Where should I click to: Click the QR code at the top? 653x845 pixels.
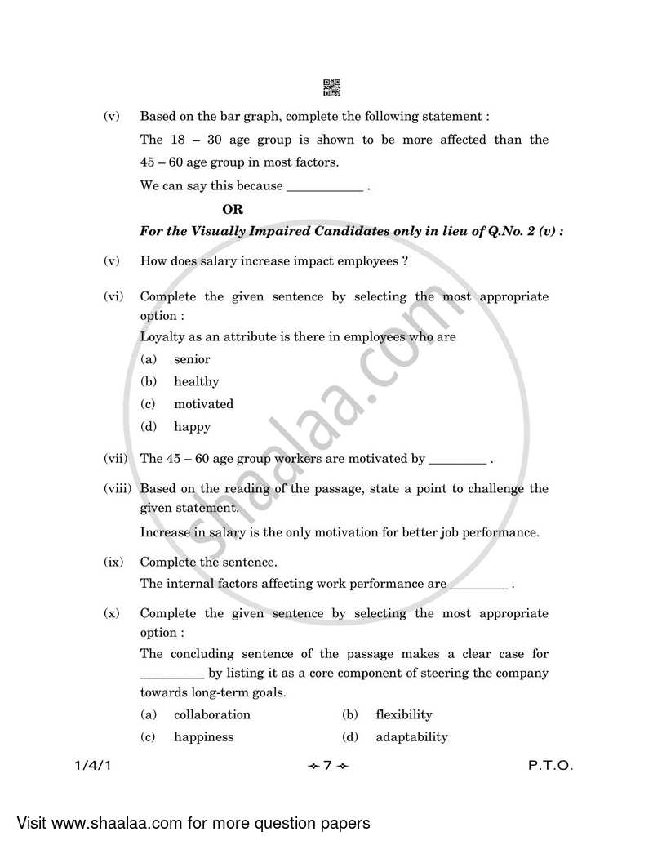pos(331,87)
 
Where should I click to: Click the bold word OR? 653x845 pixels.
pos(233,210)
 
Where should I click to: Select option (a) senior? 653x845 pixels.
pos(192,359)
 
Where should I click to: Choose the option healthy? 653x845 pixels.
pos(196,381)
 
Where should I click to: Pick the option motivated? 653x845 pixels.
pos(203,404)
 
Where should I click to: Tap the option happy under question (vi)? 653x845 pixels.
pos(192,426)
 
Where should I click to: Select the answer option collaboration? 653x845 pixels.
pos(211,714)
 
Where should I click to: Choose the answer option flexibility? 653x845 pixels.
pos(403,714)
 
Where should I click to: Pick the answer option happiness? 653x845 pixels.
pos(203,736)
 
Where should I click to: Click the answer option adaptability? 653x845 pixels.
pos(411,736)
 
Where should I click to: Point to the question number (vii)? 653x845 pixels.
pos(115,459)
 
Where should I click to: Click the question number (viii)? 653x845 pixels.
pos(118,489)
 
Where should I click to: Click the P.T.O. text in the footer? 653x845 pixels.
pos(550,767)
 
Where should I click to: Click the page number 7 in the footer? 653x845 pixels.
pos(326,767)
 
